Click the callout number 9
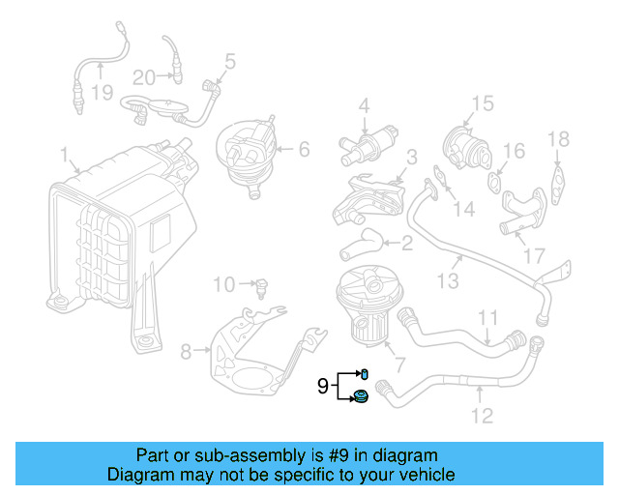coord(322,387)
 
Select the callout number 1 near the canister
coord(65,155)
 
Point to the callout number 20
coord(143,76)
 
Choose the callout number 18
coord(559,139)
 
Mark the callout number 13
coord(448,281)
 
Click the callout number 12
coord(481,416)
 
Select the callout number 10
coord(224,284)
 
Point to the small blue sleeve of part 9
coord(366,373)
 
